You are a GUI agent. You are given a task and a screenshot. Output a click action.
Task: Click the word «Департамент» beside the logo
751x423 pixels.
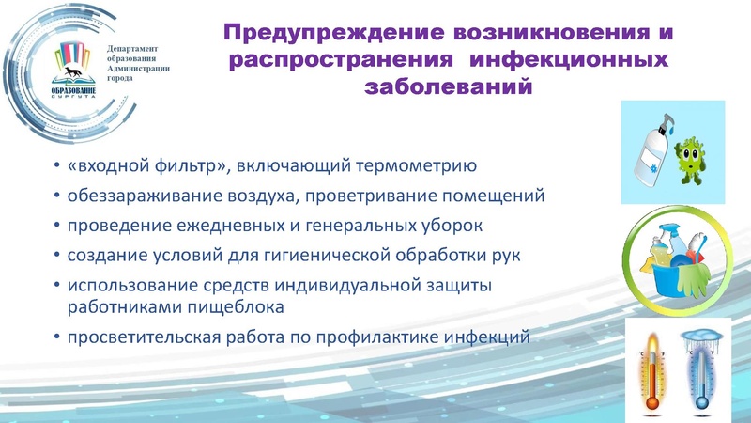(132, 47)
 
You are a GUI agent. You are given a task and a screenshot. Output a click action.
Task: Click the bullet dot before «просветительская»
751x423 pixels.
(58, 337)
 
